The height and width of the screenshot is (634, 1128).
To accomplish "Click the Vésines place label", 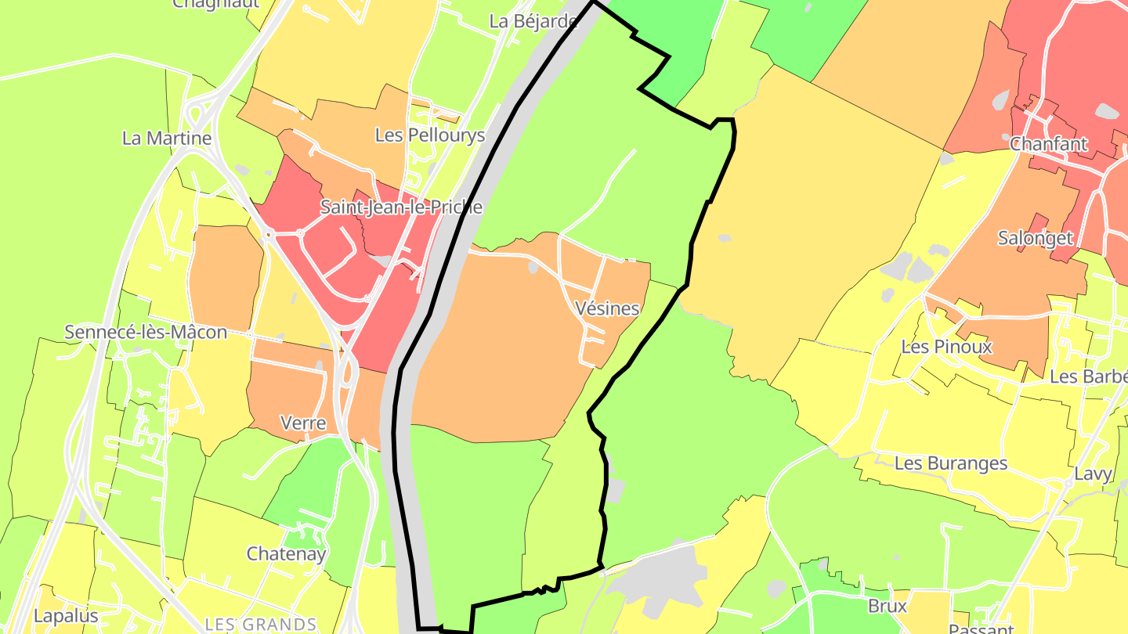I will pyautogui.click(x=607, y=308).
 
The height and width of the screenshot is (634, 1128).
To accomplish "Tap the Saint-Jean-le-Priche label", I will pyautogui.click(x=401, y=207).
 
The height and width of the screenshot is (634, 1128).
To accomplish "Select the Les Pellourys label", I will pyautogui.click(x=430, y=135).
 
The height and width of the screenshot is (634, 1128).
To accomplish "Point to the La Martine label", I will pyautogui.click(x=167, y=139).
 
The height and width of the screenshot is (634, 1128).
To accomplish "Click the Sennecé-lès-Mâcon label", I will pyautogui.click(x=146, y=332).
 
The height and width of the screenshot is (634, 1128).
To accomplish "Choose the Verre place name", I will pyautogui.click(x=303, y=423).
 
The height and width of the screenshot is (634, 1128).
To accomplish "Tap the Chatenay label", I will pyautogui.click(x=286, y=554).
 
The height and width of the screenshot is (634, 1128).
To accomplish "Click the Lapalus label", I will pyautogui.click(x=66, y=615).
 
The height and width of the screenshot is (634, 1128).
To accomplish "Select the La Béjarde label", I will pyautogui.click(x=533, y=21).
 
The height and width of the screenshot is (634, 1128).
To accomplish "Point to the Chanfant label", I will pyautogui.click(x=1049, y=144).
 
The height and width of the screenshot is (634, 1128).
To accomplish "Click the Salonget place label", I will pyautogui.click(x=1036, y=238).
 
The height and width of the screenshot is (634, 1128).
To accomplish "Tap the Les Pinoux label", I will pyautogui.click(x=946, y=346).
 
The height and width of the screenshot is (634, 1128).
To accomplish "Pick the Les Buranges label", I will pyautogui.click(x=951, y=463).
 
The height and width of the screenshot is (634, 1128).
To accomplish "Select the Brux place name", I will pyautogui.click(x=888, y=606).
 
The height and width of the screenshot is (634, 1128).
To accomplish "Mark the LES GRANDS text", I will pyautogui.click(x=260, y=625).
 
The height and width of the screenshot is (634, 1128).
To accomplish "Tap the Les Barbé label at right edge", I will pyautogui.click(x=1088, y=376).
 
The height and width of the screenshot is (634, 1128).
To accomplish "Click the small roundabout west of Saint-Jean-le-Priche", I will pyautogui.click(x=268, y=233).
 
